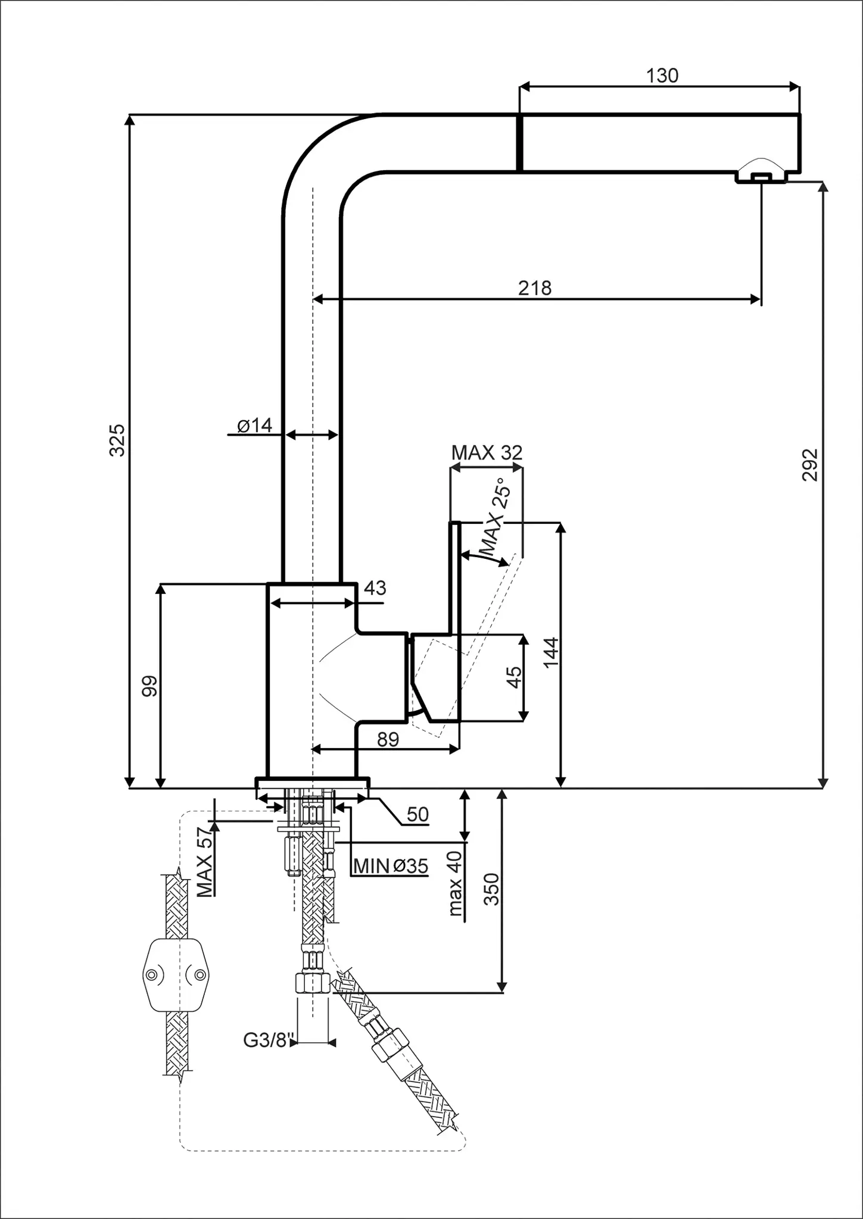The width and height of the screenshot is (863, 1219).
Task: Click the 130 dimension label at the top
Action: pyautogui.click(x=662, y=76)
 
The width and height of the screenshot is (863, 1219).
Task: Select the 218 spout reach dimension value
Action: pyautogui.click(x=534, y=288)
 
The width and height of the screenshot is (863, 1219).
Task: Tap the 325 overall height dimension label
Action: pyautogui.click(x=117, y=440)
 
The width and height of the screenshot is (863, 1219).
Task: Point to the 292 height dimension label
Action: pyautogui.click(x=810, y=465)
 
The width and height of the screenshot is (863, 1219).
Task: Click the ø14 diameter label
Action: pyautogui.click(x=254, y=426)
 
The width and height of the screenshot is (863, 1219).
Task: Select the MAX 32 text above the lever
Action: pyautogui.click(x=486, y=453)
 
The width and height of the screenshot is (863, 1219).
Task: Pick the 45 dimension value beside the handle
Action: pyautogui.click(x=513, y=677)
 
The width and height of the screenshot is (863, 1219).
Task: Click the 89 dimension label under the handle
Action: pyautogui.click(x=388, y=739)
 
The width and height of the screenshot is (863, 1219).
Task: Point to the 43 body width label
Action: pyautogui.click(x=375, y=588)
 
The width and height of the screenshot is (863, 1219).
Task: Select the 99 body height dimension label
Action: pyautogui.click(x=149, y=686)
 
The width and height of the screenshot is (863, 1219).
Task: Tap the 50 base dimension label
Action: pyautogui.click(x=418, y=814)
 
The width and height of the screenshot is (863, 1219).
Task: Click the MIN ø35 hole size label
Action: pyautogui.click(x=391, y=866)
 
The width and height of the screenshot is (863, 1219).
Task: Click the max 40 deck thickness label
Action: pyautogui.click(x=456, y=883)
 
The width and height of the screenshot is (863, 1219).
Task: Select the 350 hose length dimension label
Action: pyautogui.click(x=491, y=889)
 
